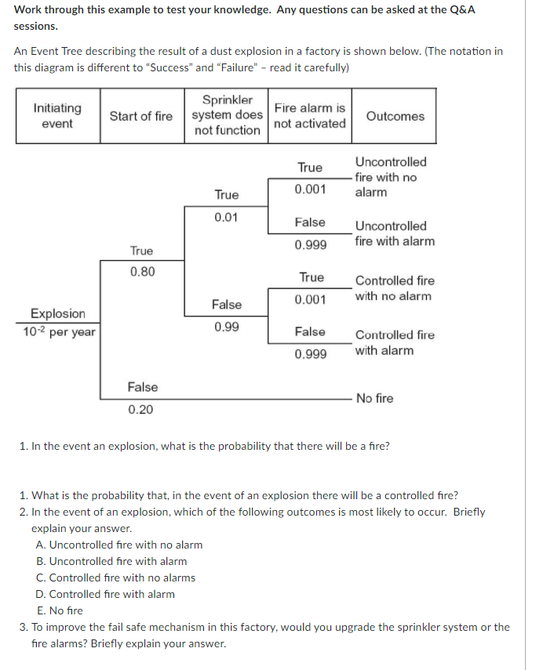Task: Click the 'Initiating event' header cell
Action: [57, 116]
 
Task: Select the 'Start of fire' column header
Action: [141, 116]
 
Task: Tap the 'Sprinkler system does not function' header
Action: [228, 115]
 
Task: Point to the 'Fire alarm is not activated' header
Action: [310, 116]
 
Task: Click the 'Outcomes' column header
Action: [395, 116]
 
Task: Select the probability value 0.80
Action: [142, 272]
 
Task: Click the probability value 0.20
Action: [141, 409]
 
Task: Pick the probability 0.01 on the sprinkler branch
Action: [227, 216]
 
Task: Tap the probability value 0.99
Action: [227, 326]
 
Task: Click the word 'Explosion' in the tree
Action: [57, 313]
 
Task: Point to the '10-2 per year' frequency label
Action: [59, 331]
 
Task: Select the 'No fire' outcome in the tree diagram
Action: [374, 398]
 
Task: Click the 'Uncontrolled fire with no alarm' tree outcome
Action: [390, 177]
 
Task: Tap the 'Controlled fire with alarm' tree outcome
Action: [394, 342]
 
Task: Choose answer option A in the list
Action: [119, 545]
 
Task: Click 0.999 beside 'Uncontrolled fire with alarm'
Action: [311, 244]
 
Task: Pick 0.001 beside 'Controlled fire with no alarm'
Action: [311, 299]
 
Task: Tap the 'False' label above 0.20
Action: [142, 387]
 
